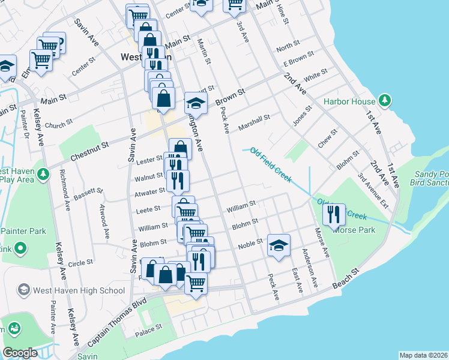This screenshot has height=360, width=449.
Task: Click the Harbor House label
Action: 349,101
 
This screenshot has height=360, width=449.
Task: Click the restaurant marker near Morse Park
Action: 334,214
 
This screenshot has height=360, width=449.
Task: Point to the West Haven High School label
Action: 79,290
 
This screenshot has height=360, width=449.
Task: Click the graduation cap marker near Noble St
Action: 278,245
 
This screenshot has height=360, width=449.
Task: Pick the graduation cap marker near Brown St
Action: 196,103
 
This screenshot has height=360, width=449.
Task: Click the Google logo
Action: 20,353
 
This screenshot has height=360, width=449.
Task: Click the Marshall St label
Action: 255,122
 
